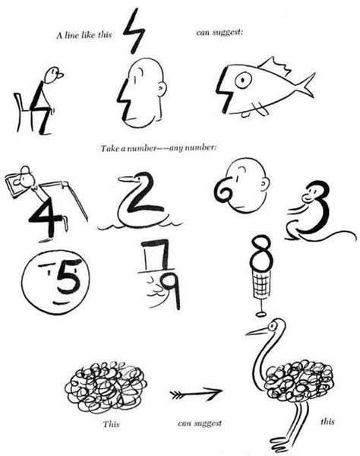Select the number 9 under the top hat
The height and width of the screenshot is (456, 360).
pyautogui.click(x=170, y=287)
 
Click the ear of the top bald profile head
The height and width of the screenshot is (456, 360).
pyautogui.click(x=160, y=88)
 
